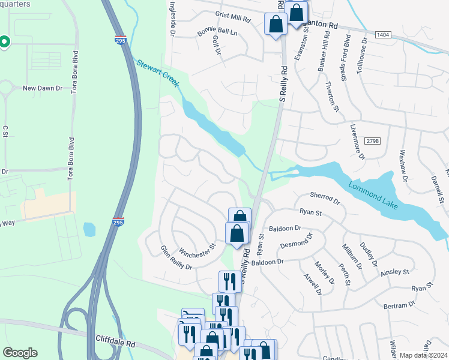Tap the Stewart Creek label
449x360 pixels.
click(158, 72)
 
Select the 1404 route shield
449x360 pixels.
click(383, 35)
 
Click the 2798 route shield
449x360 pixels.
click(372, 140)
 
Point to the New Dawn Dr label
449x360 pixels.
click(43, 88)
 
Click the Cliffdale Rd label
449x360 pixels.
click(115, 339)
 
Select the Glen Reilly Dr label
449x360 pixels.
click(176, 257)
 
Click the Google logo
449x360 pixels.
click(20, 353)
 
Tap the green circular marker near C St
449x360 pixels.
click(4, 41)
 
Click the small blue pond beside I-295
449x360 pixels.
click(89, 229)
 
